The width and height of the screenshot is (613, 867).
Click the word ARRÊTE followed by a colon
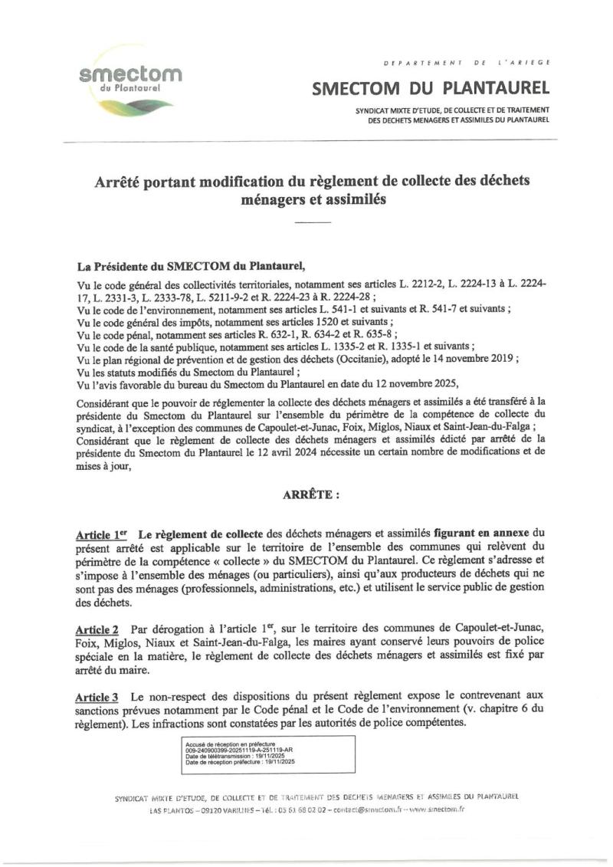point(307,494)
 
